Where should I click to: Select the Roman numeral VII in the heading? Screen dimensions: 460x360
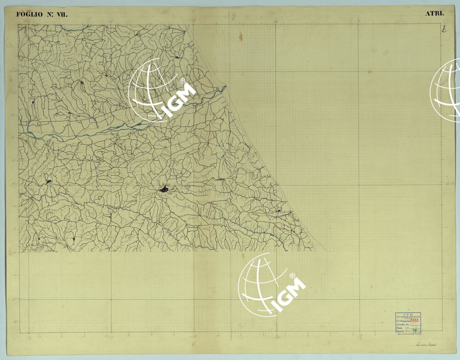tap(61, 14)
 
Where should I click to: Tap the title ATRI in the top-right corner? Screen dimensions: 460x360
tap(434, 13)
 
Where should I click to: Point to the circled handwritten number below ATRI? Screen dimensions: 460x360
tap(444, 29)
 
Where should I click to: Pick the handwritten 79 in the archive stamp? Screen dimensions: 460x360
tap(414, 331)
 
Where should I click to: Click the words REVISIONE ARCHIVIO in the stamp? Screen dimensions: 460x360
tap(408, 317)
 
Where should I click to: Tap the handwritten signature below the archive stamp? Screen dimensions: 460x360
tap(425, 344)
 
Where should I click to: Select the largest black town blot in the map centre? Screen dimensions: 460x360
tap(164, 188)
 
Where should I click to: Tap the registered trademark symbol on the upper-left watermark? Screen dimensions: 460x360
tap(183, 81)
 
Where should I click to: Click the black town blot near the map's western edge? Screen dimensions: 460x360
tap(48, 181)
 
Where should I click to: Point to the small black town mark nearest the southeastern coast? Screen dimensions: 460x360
tap(278, 211)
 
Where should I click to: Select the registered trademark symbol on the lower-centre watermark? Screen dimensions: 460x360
tap(292, 275)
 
